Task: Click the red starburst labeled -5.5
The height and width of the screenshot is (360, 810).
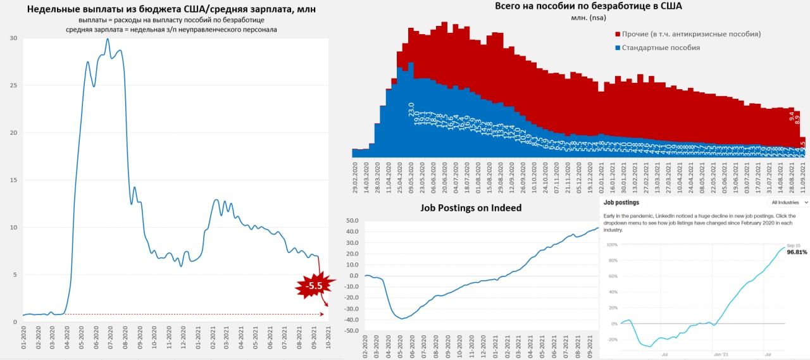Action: [x=314, y=286]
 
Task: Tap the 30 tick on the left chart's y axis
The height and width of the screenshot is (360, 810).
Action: [x=13, y=38]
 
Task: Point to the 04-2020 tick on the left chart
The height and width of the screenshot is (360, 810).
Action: [x=68, y=335]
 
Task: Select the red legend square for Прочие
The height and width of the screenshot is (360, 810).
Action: [x=617, y=34]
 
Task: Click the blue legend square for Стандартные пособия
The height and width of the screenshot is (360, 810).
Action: [x=617, y=48]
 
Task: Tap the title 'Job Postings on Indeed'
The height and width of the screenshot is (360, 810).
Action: [x=471, y=208]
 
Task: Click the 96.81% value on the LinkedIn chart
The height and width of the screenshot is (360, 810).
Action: [x=797, y=252]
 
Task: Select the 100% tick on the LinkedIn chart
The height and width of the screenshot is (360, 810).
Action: [x=612, y=244]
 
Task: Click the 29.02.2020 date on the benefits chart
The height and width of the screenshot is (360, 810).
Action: [x=356, y=178]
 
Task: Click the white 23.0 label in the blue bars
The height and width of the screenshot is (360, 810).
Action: [x=411, y=108]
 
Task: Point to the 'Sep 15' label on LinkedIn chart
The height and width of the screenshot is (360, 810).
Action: [x=794, y=245]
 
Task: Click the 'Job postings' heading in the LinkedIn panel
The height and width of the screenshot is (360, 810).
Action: [x=621, y=202]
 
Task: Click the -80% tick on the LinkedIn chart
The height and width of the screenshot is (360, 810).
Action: [x=612, y=339]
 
